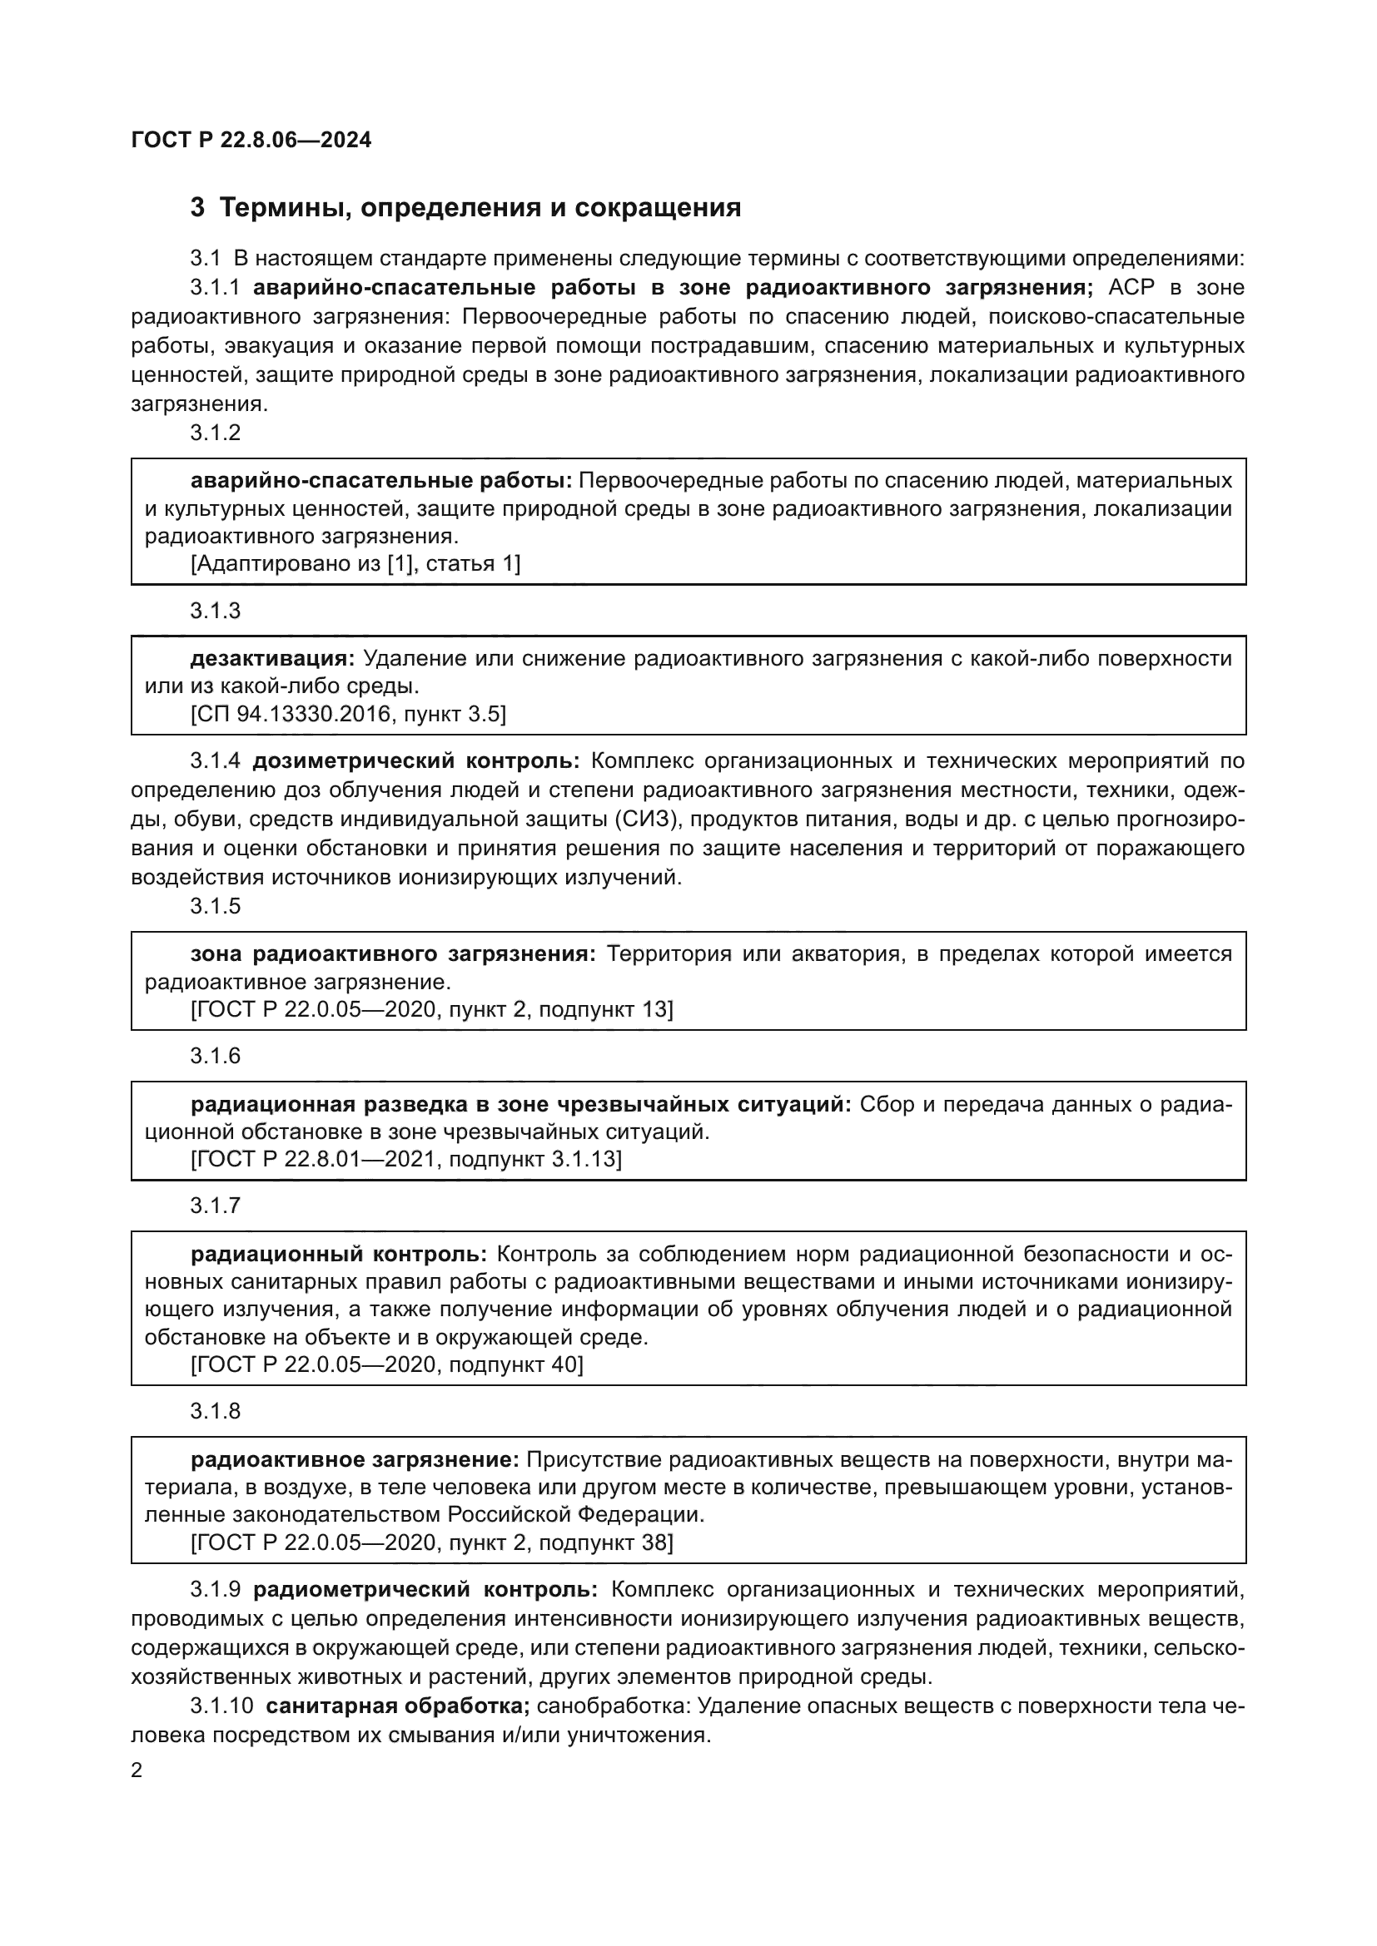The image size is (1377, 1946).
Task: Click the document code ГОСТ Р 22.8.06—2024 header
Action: pos(251,140)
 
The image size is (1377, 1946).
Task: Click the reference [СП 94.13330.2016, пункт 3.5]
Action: pos(348,714)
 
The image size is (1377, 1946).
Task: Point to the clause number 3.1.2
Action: pos(216,433)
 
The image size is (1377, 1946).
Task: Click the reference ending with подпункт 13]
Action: pos(431,1009)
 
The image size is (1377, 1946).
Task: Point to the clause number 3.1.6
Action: pos(216,1056)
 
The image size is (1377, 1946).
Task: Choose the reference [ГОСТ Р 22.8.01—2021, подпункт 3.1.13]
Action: pos(406,1159)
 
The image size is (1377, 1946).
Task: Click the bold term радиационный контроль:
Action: pos(338,1254)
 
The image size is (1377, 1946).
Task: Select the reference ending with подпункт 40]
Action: pos(386,1364)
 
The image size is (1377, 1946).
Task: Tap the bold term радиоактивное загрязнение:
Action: pos(355,1459)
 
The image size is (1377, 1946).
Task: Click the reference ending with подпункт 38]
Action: pos(431,1542)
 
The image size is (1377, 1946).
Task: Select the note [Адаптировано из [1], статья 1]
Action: pos(355,563)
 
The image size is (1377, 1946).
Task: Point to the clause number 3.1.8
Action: pos(216,1411)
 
